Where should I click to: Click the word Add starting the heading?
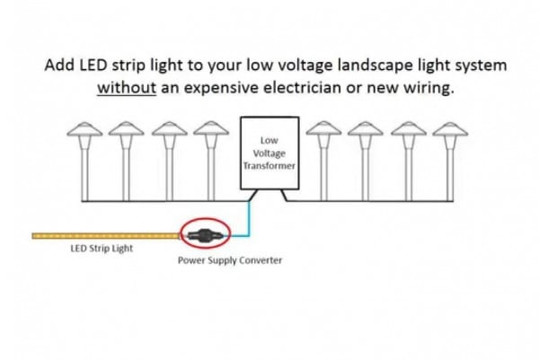click(x=58, y=66)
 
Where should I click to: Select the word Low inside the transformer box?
click(x=269, y=141)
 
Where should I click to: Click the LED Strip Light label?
click(x=102, y=249)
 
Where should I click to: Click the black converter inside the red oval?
click(x=204, y=235)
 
